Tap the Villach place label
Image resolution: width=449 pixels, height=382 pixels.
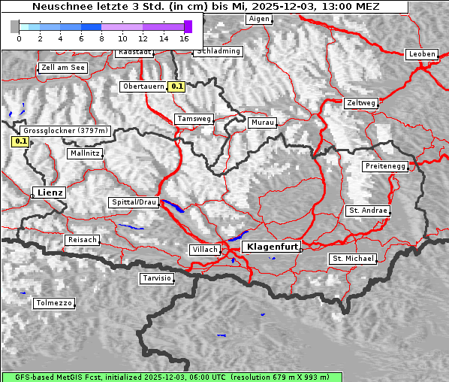204,249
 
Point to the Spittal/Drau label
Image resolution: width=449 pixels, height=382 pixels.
134,202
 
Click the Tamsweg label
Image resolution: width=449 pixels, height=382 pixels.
194,119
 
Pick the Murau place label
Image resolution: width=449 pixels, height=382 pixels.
263,122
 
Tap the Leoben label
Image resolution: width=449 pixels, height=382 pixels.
421,54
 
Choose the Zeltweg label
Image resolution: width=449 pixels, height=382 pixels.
360,103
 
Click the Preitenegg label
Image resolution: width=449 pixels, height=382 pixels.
385,166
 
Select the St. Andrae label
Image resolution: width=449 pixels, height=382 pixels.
368,211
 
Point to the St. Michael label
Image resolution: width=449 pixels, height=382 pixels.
353,259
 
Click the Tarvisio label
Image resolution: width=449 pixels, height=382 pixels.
157,278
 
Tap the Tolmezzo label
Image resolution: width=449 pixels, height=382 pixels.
54,304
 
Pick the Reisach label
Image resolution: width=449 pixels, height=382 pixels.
83,240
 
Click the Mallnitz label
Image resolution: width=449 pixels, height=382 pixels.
85,153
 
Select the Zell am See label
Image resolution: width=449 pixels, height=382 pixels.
62,68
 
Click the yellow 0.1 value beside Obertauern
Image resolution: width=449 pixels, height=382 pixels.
176,86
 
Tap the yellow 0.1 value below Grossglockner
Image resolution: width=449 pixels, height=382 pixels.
20,141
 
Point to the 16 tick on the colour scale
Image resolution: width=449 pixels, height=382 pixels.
185,38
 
